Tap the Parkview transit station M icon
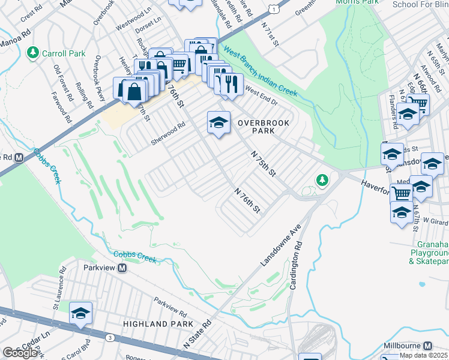pyautogui.click(x=122, y=268)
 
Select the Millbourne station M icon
pyautogui.click(x=427, y=346)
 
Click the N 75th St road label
pyautogui.click(x=264, y=164)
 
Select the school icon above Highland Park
pyautogui.click(x=80, y=313)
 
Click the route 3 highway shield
pyautogui.click(x=110, y=338)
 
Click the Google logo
pyautogui.click(x=20, y=353)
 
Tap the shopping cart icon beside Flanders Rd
pyautogui.click(x=418, y=104)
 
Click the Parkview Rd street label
pyautogui.click(x=170, y=305)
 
